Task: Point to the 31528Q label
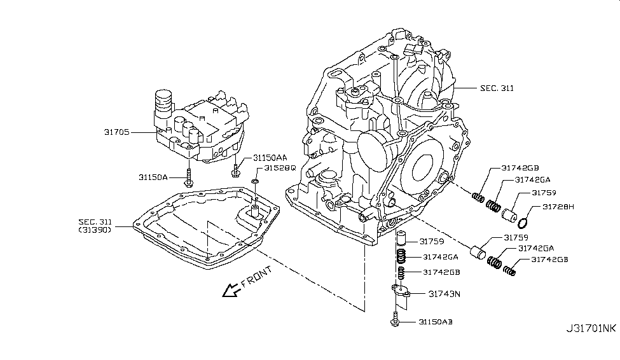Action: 280,169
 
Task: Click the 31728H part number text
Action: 558,207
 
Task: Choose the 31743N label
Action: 444,294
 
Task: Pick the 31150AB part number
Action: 436,322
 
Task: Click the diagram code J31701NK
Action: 591,329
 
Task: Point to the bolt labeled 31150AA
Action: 236,169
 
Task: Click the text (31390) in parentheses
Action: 95,230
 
